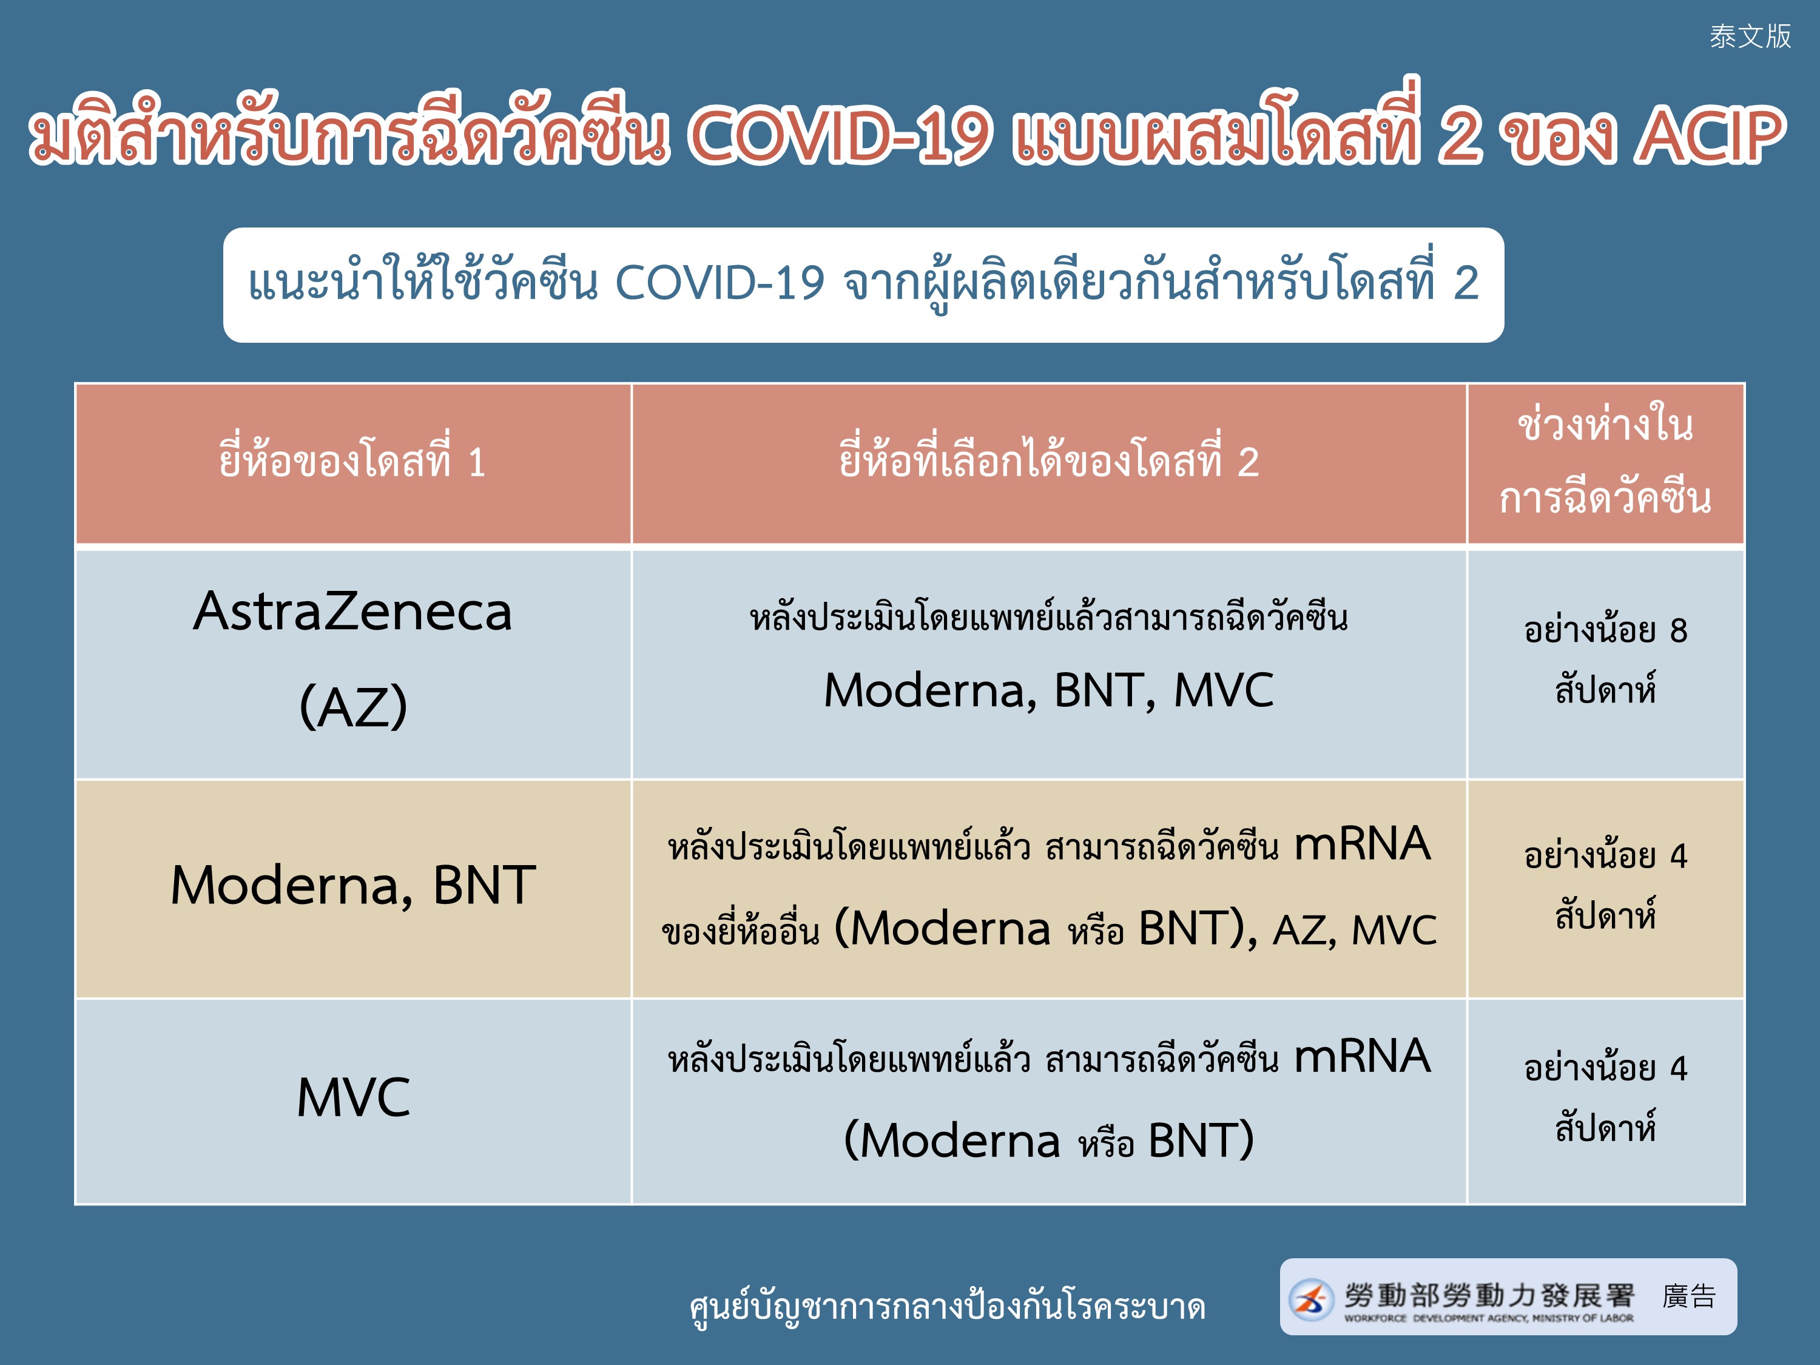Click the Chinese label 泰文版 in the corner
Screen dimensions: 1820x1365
(x=1750, y=36)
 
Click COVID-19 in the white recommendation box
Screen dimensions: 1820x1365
(x=720, y=283)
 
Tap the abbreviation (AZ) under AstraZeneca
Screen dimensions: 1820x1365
(x=353, y=706)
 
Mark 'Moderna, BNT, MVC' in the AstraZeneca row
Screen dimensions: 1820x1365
(x=1049, y=690)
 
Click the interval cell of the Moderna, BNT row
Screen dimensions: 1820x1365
(x=1605, y=889)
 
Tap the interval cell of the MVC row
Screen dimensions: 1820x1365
(x=1605, y=1102)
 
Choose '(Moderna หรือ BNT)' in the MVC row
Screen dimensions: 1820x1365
(x=1049, y=1141)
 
